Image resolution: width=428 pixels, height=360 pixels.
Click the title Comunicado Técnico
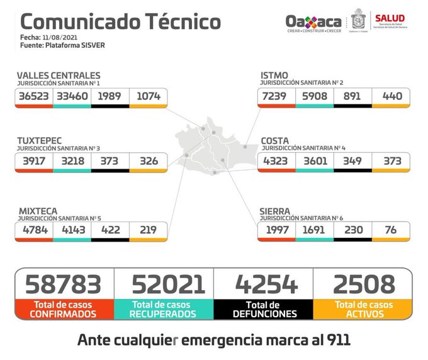pyautogui.click(x=120, y=22)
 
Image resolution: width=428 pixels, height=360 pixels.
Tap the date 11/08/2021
pyautogui.click(x=58, y=38)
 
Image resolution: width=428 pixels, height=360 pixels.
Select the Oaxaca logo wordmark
pyautogui.click(x=313, y=21)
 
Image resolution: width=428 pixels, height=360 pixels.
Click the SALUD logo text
pyautogui.click(x=390, y=18)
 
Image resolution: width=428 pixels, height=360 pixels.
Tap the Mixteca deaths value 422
pyautogui.click(x=110, y=230)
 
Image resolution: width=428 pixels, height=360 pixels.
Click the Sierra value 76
pyautogui.click(x=390, y=230)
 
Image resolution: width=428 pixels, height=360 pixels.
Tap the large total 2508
pyautogui.click(x=363, y=284)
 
